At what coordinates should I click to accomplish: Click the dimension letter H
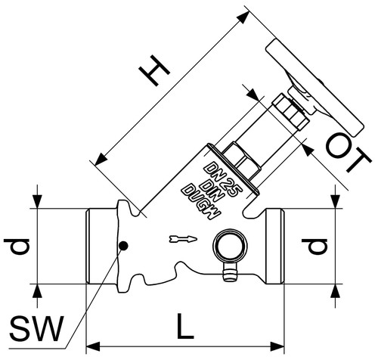(154, 70)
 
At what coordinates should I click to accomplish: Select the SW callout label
(36, 328)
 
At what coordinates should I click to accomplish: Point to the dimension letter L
(184, 326)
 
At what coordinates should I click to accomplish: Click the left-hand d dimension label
(17, 247)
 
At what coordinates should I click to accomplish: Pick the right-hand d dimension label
(314, 247)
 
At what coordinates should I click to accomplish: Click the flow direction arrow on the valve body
(183, 239)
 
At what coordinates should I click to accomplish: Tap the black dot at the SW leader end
(123, 246)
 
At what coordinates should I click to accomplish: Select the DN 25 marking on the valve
(222, 180)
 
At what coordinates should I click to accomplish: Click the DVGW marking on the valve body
(202, 201)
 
